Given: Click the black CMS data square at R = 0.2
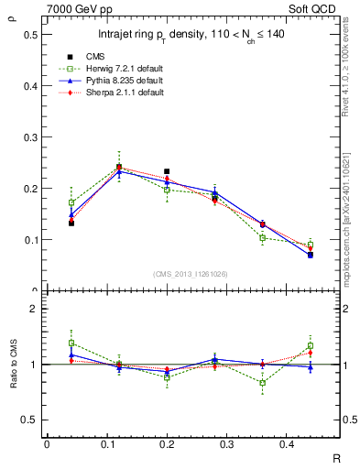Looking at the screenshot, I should pos(167,171).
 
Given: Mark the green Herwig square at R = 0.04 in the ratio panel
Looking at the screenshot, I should pos(71,343).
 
